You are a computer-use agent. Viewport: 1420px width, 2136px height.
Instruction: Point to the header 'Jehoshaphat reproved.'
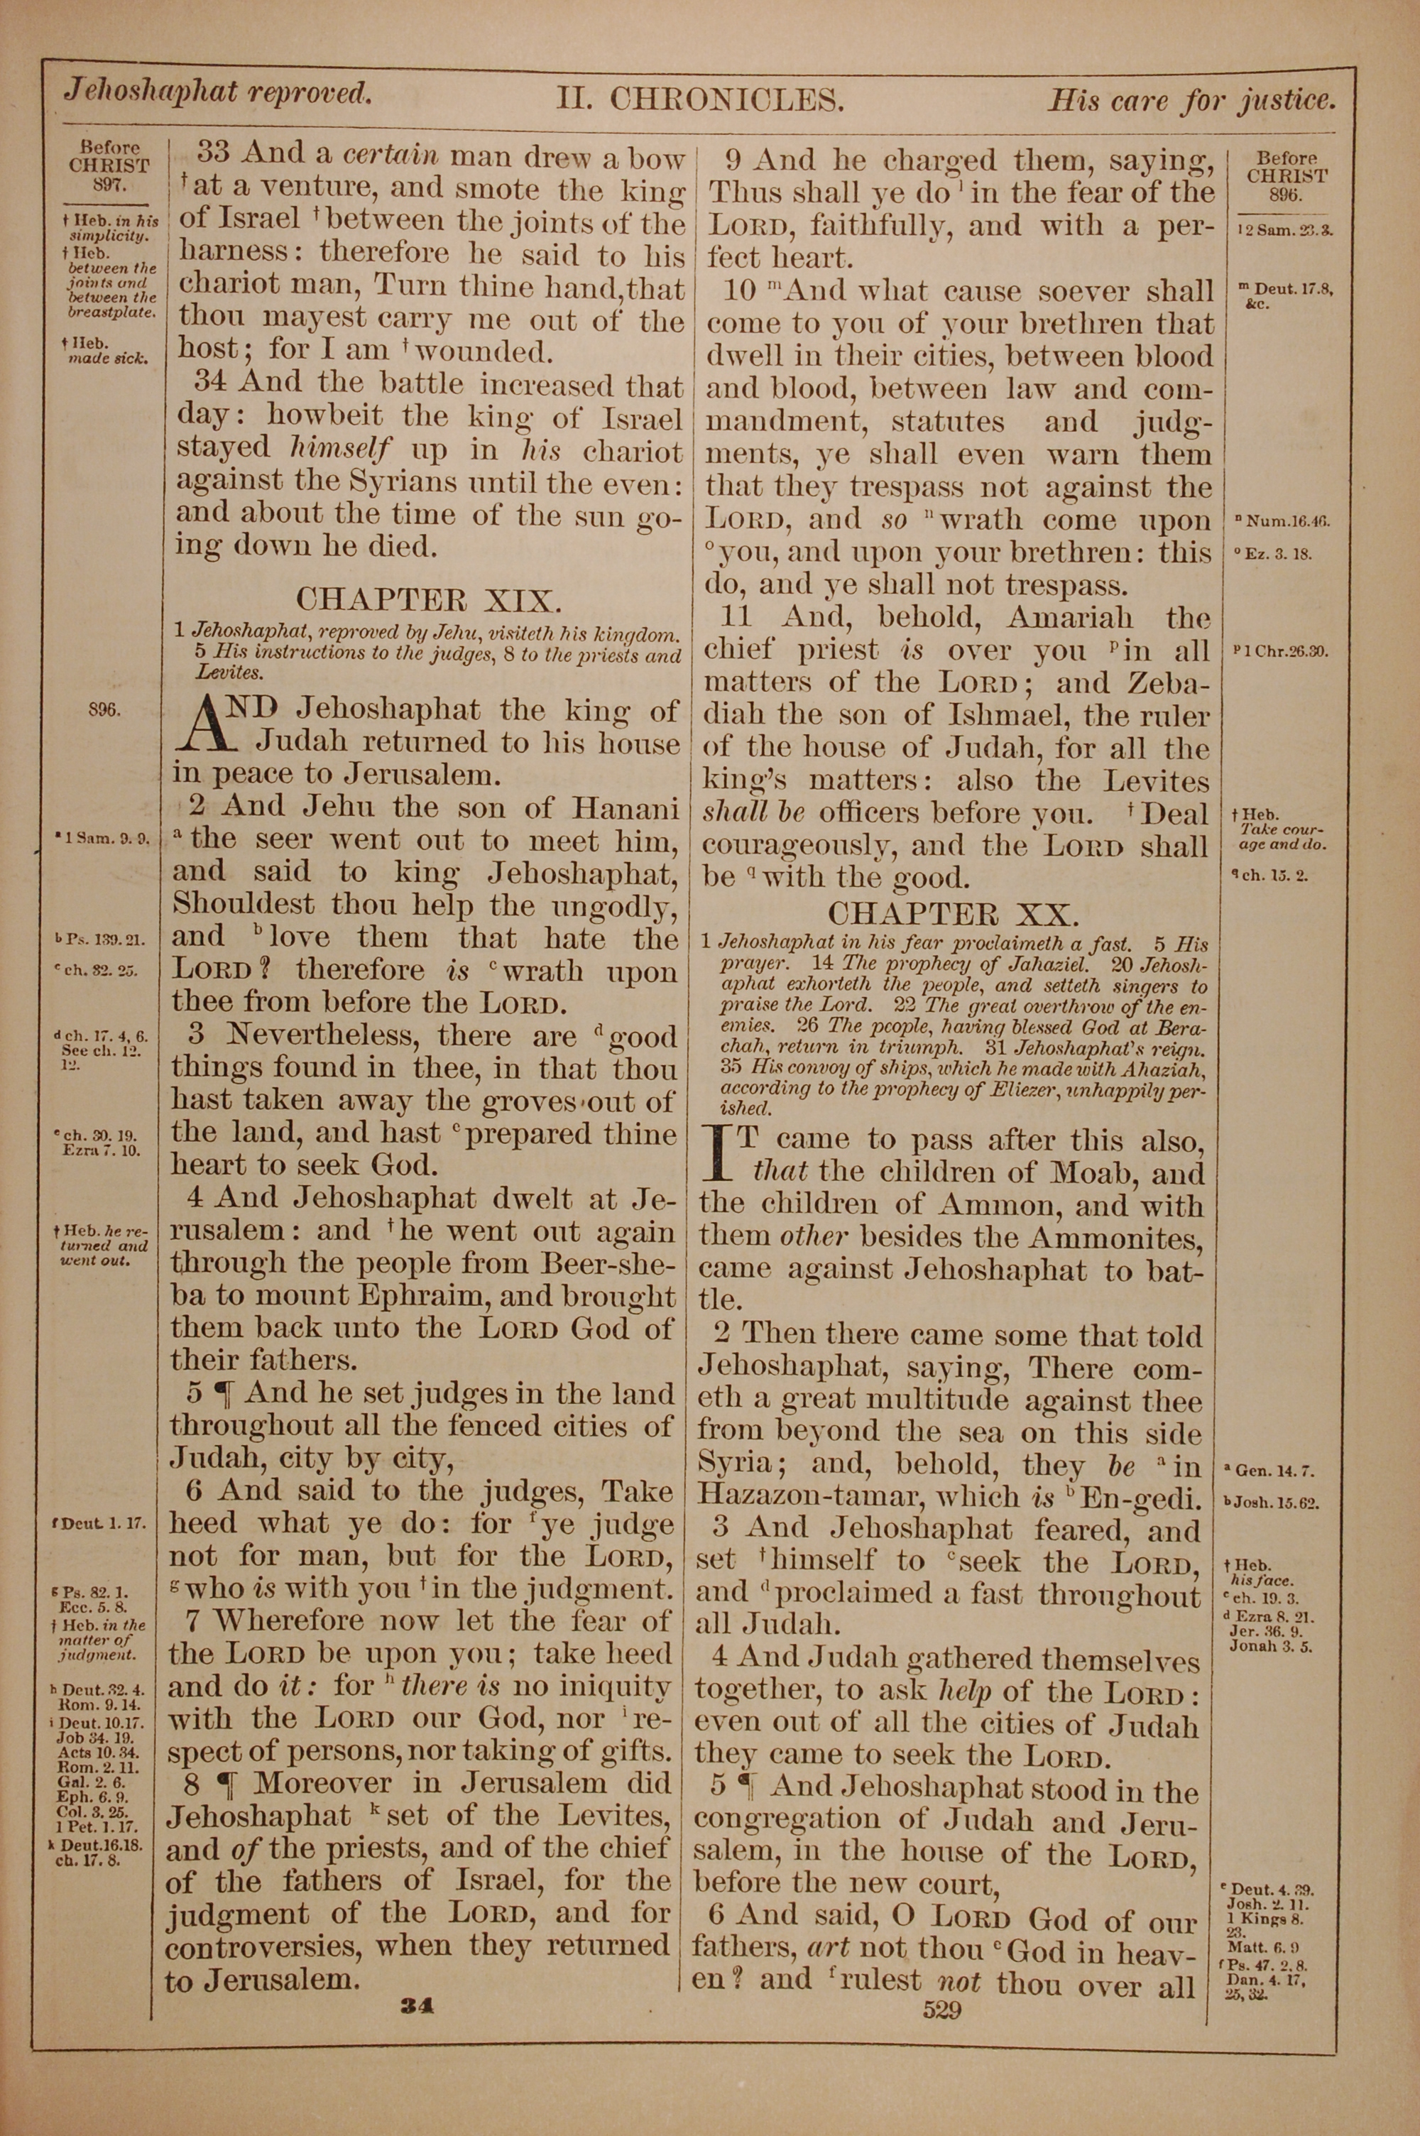pos(217,92)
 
